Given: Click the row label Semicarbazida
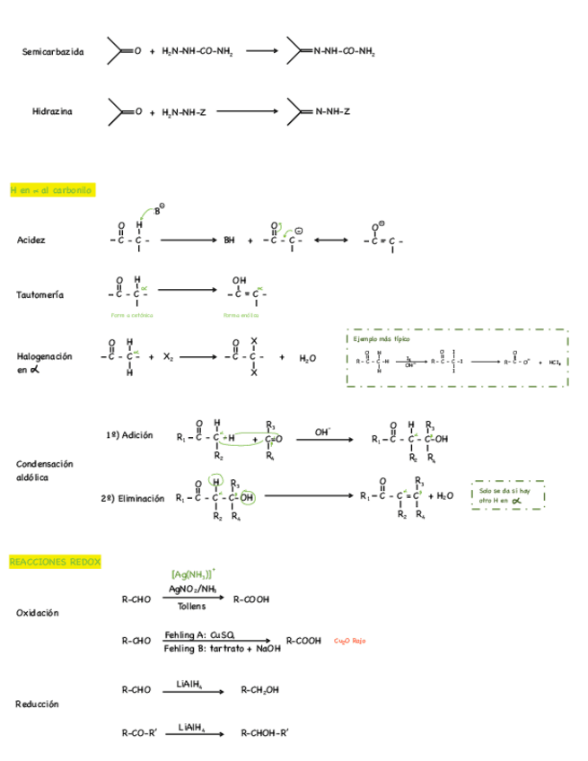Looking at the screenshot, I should (x=53, y=52).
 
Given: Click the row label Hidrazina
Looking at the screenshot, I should (x=52, y=112).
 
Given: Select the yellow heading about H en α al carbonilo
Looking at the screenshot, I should (x=50, y=190).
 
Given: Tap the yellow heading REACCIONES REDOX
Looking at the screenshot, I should (x=55, y=562).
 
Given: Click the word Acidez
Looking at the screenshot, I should (x=31, y=241).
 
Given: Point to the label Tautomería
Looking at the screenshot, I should (x=39, y=295).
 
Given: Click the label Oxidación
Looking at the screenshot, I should (x=38, y=613).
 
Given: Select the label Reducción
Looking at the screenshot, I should (x=38, y=704).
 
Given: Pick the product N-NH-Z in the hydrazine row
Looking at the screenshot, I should (x=331, y=112).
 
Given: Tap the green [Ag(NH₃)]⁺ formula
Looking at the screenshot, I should (x=192, y=573).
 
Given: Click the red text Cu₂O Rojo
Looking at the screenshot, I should (x=349, y=641).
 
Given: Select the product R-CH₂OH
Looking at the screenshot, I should (x=260, y=690).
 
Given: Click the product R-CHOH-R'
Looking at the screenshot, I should (x=265, y=732).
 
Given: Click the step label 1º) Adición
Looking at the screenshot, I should (x=129, y=435).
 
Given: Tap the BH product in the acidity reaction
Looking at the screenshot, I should (x=229, y=241).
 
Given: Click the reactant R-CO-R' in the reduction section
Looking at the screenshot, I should (x=140, y=732).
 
